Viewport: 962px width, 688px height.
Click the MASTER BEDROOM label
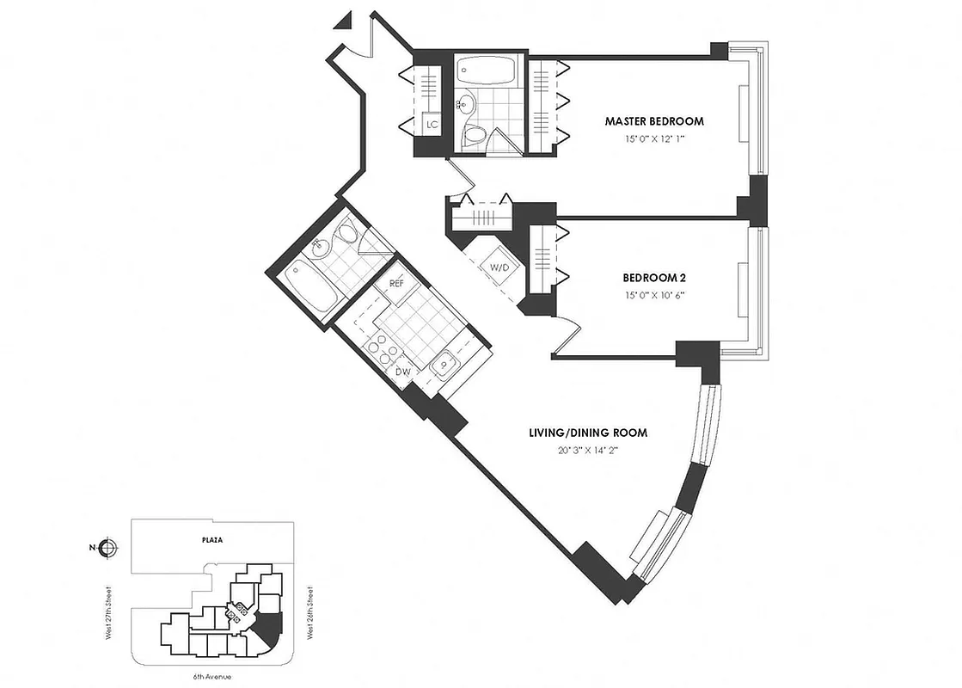pos(653,121)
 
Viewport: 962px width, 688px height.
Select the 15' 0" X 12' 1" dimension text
pos(653,138)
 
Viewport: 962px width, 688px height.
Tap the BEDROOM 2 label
pos(653,278)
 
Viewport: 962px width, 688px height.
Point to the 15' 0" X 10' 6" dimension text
pos(653,295)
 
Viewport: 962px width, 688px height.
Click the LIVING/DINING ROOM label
pos(587,433)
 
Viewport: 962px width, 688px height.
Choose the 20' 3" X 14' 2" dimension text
pos(587,449)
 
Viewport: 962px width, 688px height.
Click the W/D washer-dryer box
pos(499,267)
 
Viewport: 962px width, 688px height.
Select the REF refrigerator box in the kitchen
pos(396,283)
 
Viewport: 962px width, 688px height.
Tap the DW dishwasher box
pos(402,372)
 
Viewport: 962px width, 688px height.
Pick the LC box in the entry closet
pos(432,125)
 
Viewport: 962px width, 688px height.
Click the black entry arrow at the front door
pos(346,18)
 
